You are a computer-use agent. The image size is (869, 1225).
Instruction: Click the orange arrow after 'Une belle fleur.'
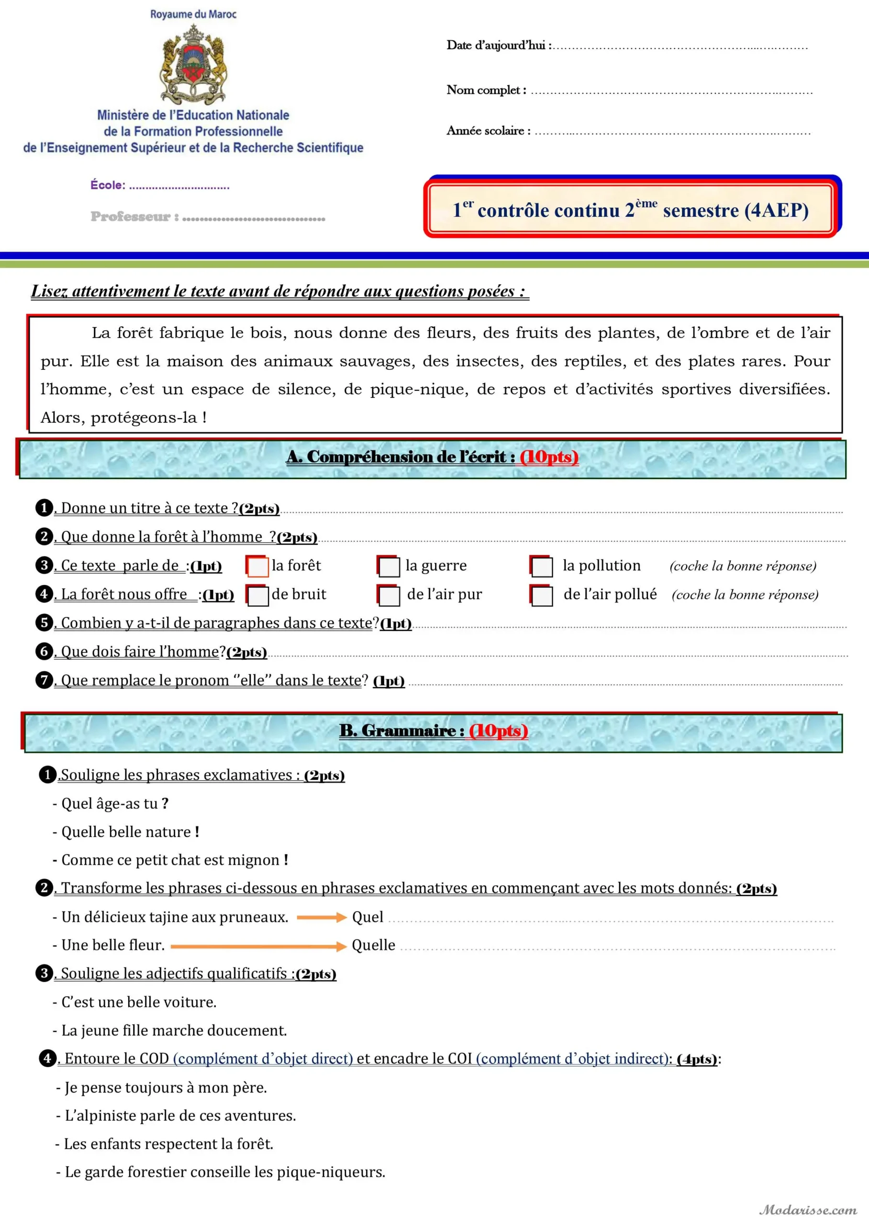258,947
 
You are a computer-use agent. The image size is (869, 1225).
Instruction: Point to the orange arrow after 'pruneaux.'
322,918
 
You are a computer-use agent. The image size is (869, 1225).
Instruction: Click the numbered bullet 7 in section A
45,680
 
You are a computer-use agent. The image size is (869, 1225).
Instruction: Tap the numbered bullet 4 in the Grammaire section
48,1058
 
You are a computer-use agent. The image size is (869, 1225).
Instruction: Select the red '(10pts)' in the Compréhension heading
549,457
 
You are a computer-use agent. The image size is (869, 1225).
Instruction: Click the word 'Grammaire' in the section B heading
409,731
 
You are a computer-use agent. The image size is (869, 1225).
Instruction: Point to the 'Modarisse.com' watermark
808,1210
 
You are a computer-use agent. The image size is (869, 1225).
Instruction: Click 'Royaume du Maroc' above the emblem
193,14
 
